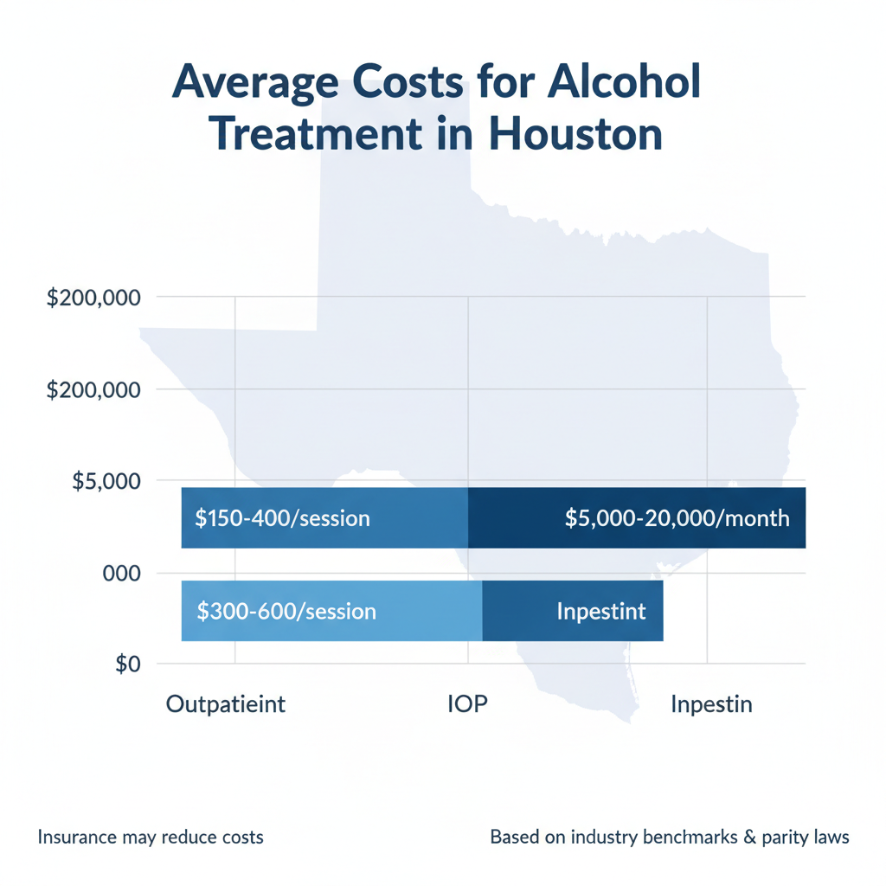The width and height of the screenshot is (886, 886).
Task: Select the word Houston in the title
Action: pyautogui.click(x=575, y=136)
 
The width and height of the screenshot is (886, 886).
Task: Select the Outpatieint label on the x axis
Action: pyautogui.click(x=225, y=704)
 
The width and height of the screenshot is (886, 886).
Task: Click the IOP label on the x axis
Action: pyautogui.click(x=467, y=704)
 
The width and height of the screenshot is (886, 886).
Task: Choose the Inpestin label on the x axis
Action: pyautogui.click(x=711, y=704)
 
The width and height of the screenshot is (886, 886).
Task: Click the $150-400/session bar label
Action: pyautogui.click(x=282, y=519)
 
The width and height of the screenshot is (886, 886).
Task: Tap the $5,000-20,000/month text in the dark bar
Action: pyautogui.click(x=677, y=519)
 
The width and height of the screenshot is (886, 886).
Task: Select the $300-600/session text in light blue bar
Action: pyautogui.click(x=286, y=612)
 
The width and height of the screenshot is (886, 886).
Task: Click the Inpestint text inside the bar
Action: pyautogui.click(x=601, y=612)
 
